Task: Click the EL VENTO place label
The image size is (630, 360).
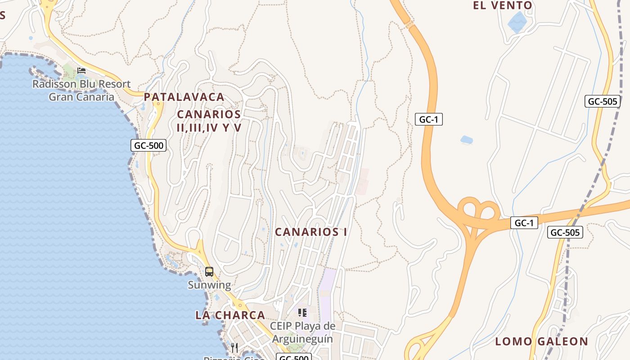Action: coord(503,6)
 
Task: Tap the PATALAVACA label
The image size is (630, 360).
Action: coord(184,97)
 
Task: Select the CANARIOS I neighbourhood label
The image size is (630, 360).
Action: coord(311,232)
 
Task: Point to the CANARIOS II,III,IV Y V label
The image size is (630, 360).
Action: coord(209,121)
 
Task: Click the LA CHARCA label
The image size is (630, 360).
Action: coord(230,315)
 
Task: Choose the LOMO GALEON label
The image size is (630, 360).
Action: coord(541,342)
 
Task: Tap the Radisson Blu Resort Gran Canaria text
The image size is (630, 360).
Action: coord(81,90)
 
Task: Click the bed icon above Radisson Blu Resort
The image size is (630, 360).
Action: coord(81,71)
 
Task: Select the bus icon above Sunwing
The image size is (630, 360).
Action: coord(209,272)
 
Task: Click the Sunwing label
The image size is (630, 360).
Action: coord(209,285)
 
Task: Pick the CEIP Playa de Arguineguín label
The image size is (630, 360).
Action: coord(302,332)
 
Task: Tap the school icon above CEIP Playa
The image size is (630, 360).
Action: coord(302,312)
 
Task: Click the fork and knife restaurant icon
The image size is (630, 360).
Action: coord(234,347)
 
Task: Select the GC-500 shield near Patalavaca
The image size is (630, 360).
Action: coord(148,145)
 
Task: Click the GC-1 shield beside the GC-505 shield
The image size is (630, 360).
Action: coord(524,223)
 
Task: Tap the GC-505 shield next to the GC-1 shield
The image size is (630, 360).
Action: coord(565,232)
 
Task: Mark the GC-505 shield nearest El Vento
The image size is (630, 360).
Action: coord(603,101)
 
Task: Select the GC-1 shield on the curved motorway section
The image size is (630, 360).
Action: coord(428,119)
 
